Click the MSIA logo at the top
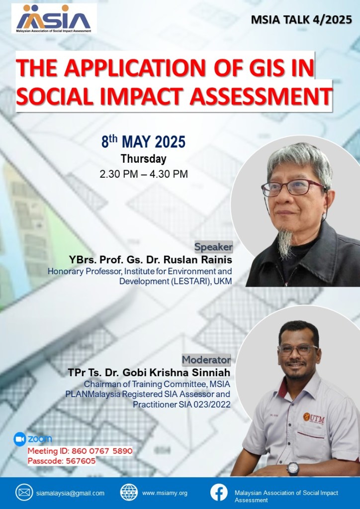tap(54, 18)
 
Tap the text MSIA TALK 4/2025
tap(301, 20)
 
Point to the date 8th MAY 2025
tap(143, 142)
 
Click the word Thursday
tap(143, 159)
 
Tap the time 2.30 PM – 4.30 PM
tap(144, 174)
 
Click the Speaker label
tap(213, 247)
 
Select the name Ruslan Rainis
tap(198, 260)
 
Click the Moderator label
tap(206, 360)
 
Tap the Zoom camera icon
tap(20, 439)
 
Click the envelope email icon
tap(24, 493)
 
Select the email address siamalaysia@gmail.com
tap(71, 493)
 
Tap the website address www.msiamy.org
tap(165, 493)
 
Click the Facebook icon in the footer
tap(219, 493)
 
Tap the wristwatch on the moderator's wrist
tap(293, 469)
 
